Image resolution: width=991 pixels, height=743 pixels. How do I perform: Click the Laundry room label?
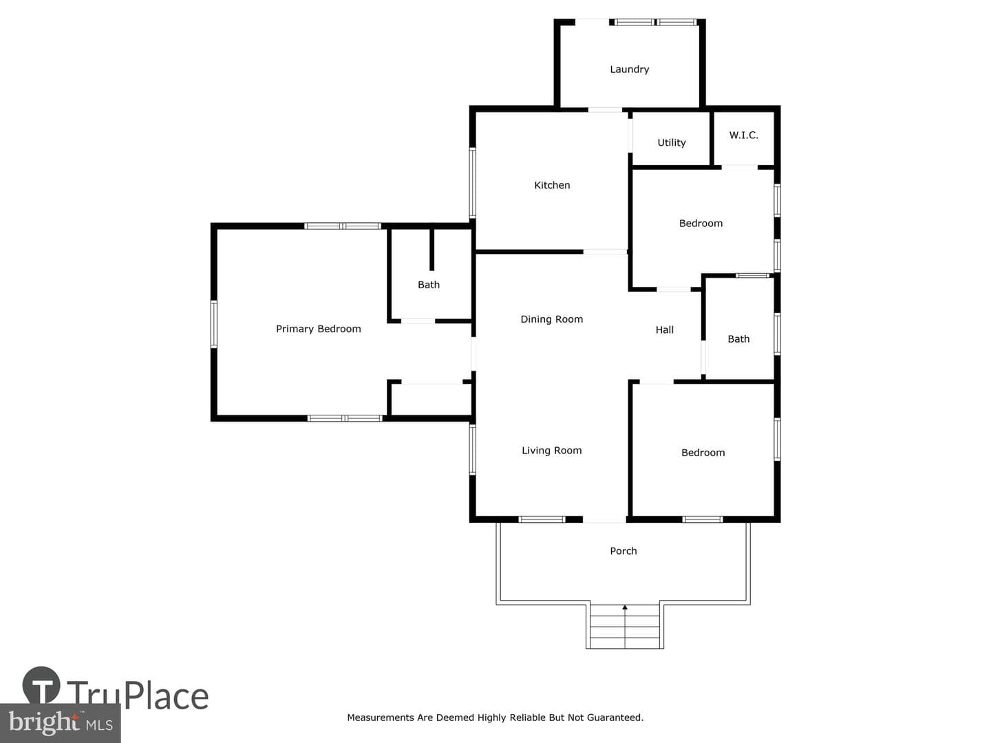pos(630,69)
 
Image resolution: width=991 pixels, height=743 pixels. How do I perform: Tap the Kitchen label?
pos(552,185)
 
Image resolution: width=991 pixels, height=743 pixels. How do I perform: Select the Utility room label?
pos(672,143)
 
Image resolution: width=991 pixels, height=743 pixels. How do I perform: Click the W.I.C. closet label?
pos(743,135)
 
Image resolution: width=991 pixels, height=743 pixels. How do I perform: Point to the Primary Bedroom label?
pos(319,330)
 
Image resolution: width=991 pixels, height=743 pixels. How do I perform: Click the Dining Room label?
pos(552,319)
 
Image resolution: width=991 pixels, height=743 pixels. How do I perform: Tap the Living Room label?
pos(552,451)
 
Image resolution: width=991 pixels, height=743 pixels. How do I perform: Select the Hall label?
pos(665,330)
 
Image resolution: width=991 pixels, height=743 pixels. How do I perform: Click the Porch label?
pos(624,551)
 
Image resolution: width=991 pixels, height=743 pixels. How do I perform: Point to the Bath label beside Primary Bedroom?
pos(429,285)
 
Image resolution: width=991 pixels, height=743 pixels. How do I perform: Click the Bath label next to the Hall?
pos(738,338)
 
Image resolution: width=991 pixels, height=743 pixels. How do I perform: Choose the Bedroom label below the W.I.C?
pos(701,224)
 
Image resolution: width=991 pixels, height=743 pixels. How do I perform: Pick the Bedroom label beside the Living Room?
pos(703,453)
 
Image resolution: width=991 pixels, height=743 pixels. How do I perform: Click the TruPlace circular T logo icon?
pos(41,685)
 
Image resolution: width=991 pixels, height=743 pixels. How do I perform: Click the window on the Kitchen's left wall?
pos(472,183)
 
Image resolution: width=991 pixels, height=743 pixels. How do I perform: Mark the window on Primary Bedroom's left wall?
pos(214,324)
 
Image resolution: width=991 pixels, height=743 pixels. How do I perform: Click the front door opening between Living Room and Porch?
pos(604,519)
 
